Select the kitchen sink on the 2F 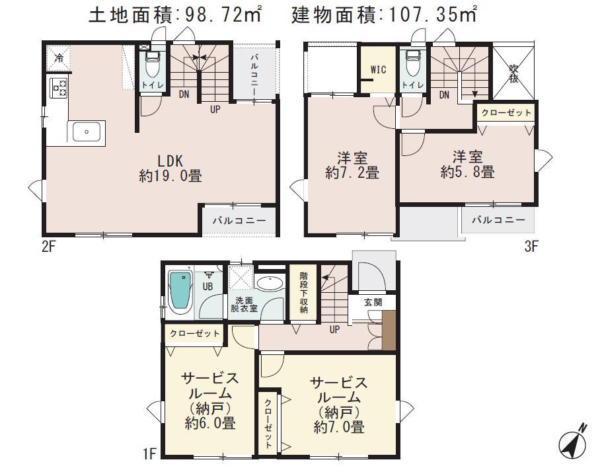(86, 131)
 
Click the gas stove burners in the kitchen (58, 87)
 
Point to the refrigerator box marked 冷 (58, 58)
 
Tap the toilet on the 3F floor (413, 65)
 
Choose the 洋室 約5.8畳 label (467, 165)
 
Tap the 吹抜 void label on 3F (513, 73)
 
